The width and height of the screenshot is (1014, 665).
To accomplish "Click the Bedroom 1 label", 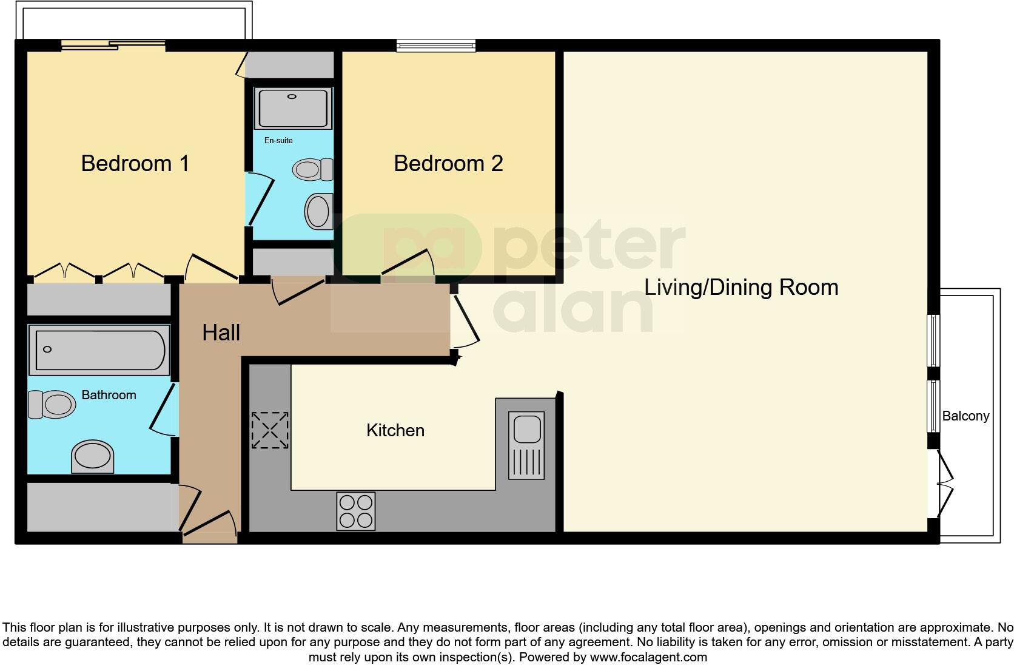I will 135,163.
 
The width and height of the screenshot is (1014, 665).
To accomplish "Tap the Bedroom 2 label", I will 448,163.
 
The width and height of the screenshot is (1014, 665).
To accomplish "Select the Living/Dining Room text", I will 740,287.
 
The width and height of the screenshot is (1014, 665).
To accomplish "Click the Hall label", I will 221,332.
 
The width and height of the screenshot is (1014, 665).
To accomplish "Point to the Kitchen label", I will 395,430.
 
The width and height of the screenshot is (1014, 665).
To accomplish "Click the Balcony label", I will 965,416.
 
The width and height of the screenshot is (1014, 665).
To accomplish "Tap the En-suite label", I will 278,140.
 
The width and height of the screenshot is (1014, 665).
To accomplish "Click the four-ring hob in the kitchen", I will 356,511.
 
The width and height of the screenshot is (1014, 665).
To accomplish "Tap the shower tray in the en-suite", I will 294,109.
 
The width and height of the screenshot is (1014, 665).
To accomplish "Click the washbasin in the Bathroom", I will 92,457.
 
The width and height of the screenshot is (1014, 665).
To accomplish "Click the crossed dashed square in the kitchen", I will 270,430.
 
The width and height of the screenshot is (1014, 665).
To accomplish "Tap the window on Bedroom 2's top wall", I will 435,45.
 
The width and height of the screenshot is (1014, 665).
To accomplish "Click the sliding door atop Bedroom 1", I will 113,43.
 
